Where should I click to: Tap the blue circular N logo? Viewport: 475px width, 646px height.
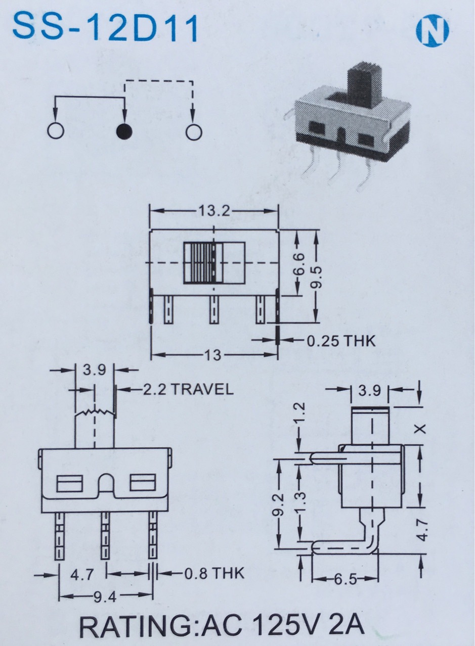click(432, 31)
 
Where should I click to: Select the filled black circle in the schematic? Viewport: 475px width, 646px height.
click(124, 131)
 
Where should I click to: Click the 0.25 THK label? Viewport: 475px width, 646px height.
click(341, 341)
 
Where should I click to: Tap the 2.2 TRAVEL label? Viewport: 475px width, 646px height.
click(187, 389)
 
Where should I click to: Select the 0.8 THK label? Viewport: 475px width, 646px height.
click(214, 573)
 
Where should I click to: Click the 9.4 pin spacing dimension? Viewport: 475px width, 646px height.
click(105, 597)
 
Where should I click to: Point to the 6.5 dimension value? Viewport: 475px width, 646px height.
click(345, 579)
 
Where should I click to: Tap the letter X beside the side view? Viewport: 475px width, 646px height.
click(419, 429)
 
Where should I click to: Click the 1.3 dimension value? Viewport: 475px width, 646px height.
click(300, 502)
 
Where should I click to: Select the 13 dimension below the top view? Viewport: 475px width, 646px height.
click(213, 355)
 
